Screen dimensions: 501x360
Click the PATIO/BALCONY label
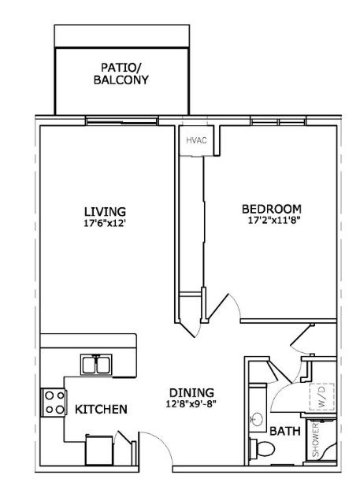coord(121,73)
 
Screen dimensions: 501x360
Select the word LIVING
coord(105,210)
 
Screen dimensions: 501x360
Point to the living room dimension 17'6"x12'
coord(105,222)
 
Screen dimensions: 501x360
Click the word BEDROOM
coord(271,208)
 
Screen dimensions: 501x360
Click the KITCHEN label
coord(102,410)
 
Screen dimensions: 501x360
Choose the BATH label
coord(283,432)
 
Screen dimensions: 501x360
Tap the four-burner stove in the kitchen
coord(53,402)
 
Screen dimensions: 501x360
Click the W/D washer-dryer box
coord(321,393)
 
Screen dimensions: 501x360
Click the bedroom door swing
coord(225,306)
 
